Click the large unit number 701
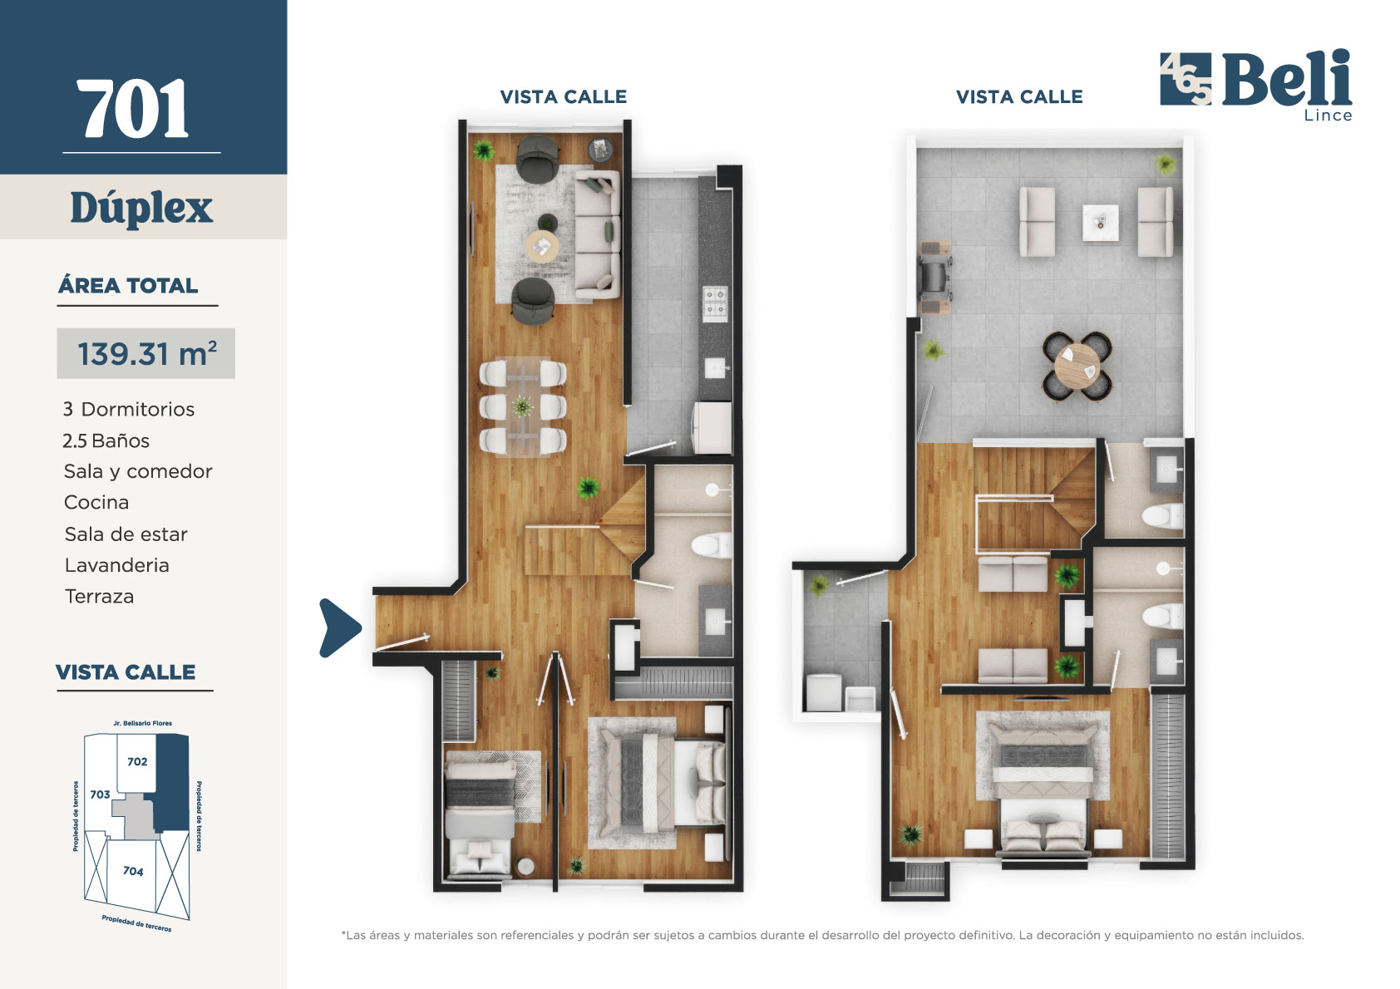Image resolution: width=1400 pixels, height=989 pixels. tap(133, 110)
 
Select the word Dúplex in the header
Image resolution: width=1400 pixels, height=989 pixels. tap(141, 208)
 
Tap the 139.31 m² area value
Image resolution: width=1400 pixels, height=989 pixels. tap(146, 354)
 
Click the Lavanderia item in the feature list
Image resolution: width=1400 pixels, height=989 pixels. tap(117, 565)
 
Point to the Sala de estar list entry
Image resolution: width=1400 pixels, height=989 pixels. tap(126, 534)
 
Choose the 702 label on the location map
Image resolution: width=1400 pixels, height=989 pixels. tap(137, 761)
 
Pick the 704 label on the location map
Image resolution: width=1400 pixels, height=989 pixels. tap(133, 871)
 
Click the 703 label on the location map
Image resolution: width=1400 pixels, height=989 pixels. tap(100, 795)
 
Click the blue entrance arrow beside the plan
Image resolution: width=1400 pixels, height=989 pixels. tap(339, 628)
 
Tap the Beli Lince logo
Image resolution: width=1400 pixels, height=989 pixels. tap(1256, 83)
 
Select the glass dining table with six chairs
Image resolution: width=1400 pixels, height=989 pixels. tap(523, 407)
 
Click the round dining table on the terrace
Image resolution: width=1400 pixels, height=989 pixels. tap(1077, 367)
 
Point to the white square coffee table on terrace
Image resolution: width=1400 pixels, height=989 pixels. tap(1100, 223)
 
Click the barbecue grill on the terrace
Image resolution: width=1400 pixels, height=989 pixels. tap(936, 278)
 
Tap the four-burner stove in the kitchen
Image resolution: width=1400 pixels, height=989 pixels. tap(715, 303)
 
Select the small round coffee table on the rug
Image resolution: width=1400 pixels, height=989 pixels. tap(542, 246)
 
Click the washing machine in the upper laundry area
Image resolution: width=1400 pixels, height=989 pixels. tap(823, 692)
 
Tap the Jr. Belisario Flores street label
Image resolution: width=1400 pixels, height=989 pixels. tap(142, 723)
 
